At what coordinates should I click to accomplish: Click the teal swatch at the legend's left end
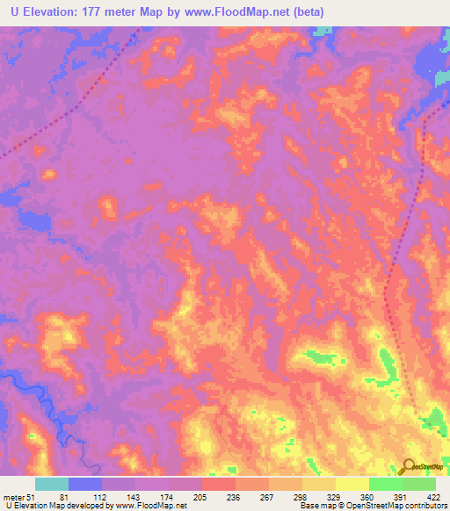[x=52, y=485]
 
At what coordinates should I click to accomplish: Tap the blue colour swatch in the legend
[x=85, y=485]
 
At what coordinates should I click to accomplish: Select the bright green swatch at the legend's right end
[x=419, y=485]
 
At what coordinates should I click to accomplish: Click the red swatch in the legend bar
[x=219, y=485]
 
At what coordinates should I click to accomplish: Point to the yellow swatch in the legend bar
[x=352, y=485]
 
